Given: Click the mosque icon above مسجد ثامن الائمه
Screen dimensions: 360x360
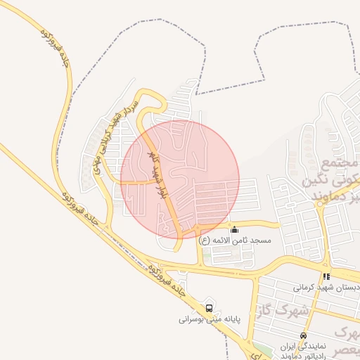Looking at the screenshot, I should [234, 229].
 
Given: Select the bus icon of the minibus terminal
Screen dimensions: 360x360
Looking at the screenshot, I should [209, 308].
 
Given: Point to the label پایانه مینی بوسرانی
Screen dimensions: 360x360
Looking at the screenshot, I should [210, 319].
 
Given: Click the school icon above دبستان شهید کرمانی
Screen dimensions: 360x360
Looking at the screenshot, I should [326, 277].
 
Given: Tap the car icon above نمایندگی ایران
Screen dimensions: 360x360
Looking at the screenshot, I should [303, 335].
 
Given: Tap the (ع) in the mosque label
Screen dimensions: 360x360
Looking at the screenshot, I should [205, 240].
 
